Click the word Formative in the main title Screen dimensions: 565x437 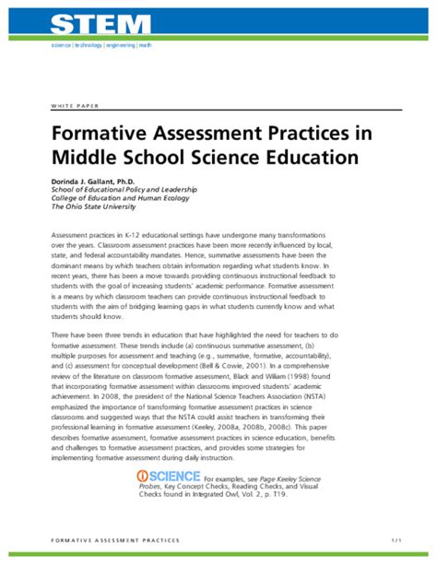coord(103,134)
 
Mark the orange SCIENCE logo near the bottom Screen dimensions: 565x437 coord(169,477)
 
